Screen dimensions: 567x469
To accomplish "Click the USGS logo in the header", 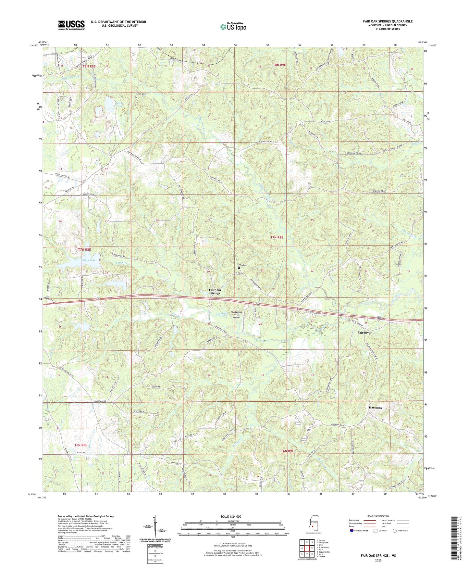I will click(x=71, y=25).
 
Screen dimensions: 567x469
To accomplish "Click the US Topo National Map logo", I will click(x=233, y=26).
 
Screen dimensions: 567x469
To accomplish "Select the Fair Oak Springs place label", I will click(x=215, y=291).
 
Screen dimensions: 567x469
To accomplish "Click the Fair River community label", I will click(x=364, y=333).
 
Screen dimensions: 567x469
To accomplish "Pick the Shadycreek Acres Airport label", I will click(x=237, y=314).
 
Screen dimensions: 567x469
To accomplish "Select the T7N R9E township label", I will click(x=277, y=237).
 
